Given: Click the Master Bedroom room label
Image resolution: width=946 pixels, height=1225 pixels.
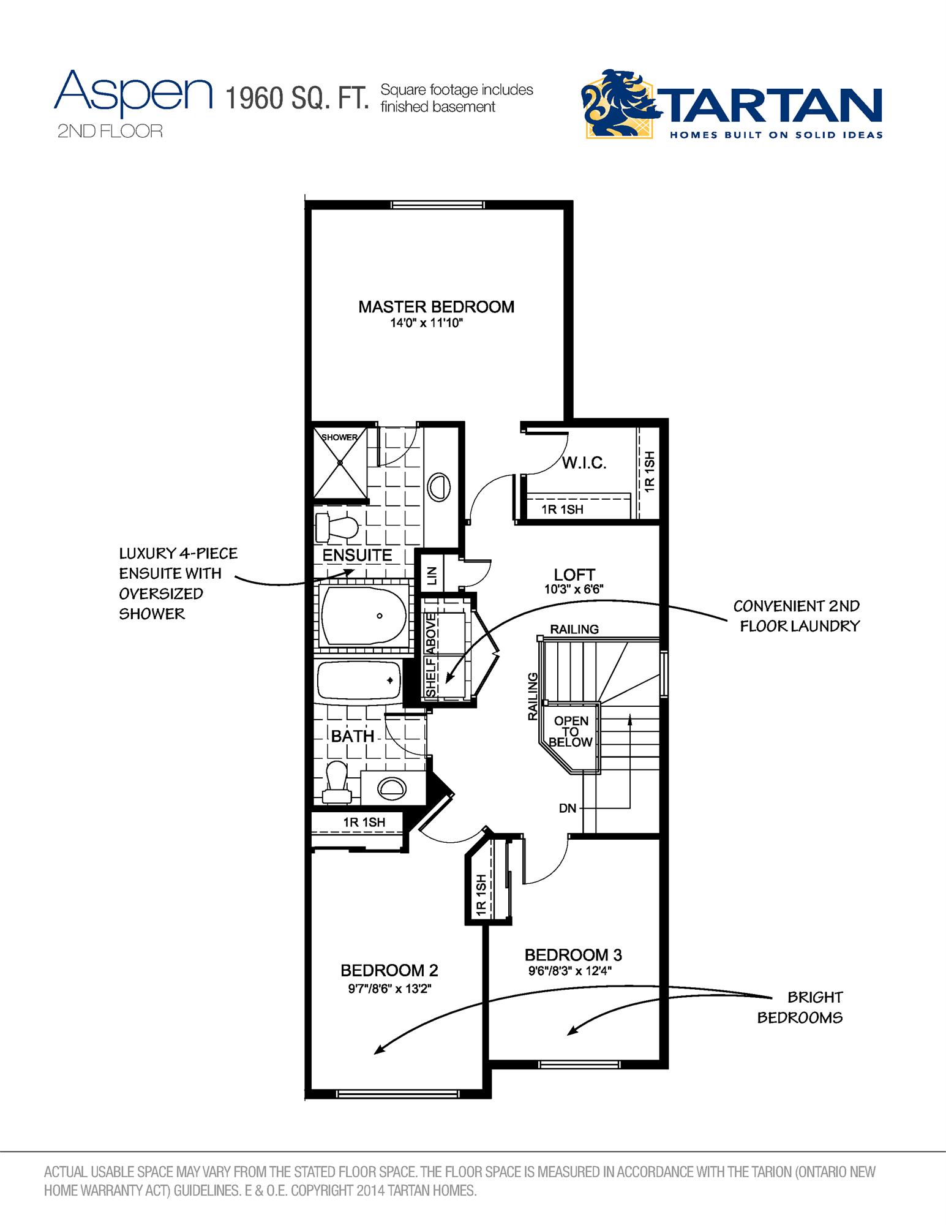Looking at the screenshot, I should tap(436, 307).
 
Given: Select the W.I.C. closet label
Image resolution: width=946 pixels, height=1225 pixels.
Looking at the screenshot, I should tap(584, 463).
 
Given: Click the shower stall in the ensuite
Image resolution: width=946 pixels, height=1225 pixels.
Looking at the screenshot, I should tap(339, 462).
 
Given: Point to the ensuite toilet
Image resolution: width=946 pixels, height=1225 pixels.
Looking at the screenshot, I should tap(336, 527).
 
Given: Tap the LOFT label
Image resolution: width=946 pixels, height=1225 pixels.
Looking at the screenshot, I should tap(574, 575).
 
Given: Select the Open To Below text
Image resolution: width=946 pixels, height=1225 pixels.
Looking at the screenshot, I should tap(570, 731).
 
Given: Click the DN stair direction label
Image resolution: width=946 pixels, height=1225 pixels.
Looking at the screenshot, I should tap(568, 809).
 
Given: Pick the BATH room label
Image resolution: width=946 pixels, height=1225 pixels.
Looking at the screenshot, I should tap(353, 736).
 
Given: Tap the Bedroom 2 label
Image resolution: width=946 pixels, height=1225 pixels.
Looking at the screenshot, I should tap(389, 971).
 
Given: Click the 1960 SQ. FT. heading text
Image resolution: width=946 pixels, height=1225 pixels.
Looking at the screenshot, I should tap(297, 98).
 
